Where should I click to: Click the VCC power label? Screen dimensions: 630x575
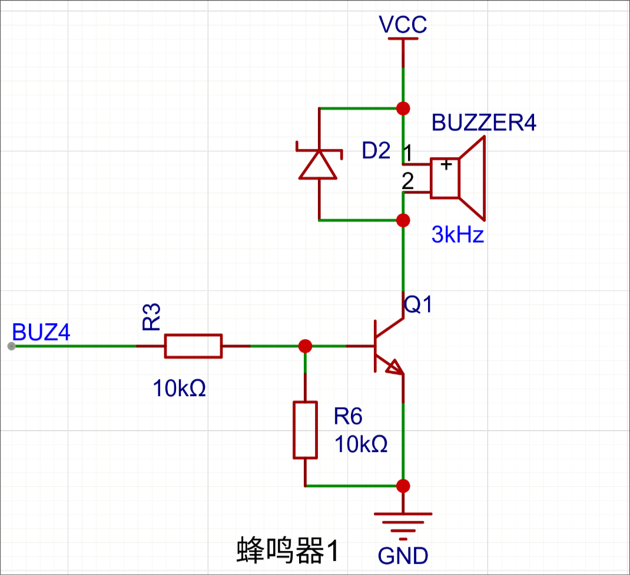click(x=403, y=25)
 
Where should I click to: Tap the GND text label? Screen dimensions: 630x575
click(x=403, y=556)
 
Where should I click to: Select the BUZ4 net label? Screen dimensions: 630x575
click(x=41, y=332)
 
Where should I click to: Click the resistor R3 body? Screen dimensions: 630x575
click(x=193, y=345)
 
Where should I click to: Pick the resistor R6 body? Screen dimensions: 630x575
click(x=306, y=430)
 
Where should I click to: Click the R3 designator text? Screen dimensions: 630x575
click(x=151, y=317)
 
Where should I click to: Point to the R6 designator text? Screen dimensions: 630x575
click(x=348, y=416)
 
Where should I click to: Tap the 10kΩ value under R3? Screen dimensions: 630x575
click(x=179, y=388)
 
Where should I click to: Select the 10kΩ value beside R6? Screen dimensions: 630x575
click(x=361, y=444)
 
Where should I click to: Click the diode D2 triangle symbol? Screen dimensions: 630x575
click(x=318, y=164)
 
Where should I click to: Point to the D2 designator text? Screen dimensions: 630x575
click(x=376, y=151)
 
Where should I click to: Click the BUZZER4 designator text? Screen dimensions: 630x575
click(x=484, y=122)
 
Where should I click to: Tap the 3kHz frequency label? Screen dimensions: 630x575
click(x=457, y=234)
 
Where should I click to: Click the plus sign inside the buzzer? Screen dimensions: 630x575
click(x=446, y=164)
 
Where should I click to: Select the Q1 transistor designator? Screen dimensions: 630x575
click(x=418, y=304)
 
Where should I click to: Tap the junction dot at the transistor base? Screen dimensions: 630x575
click(x=306, y=345)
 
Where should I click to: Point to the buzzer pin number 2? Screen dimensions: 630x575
click(x=408, y=181)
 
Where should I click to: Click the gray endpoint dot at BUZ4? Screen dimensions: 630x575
click(x=12, y=346)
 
